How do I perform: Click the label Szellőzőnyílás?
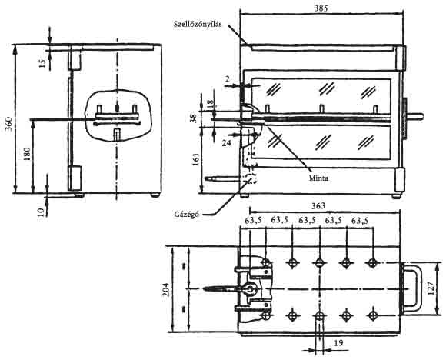coord(198,24)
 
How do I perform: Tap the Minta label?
coord(318,178)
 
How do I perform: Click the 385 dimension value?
coord(321,8)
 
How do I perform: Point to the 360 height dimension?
coord(8,124)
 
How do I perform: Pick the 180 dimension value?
coord(27,154)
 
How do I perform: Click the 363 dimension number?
coord(318,205)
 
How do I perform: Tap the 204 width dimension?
coord(166,289)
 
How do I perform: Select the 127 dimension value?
coord(431,288)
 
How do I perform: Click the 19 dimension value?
coord(338,343)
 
